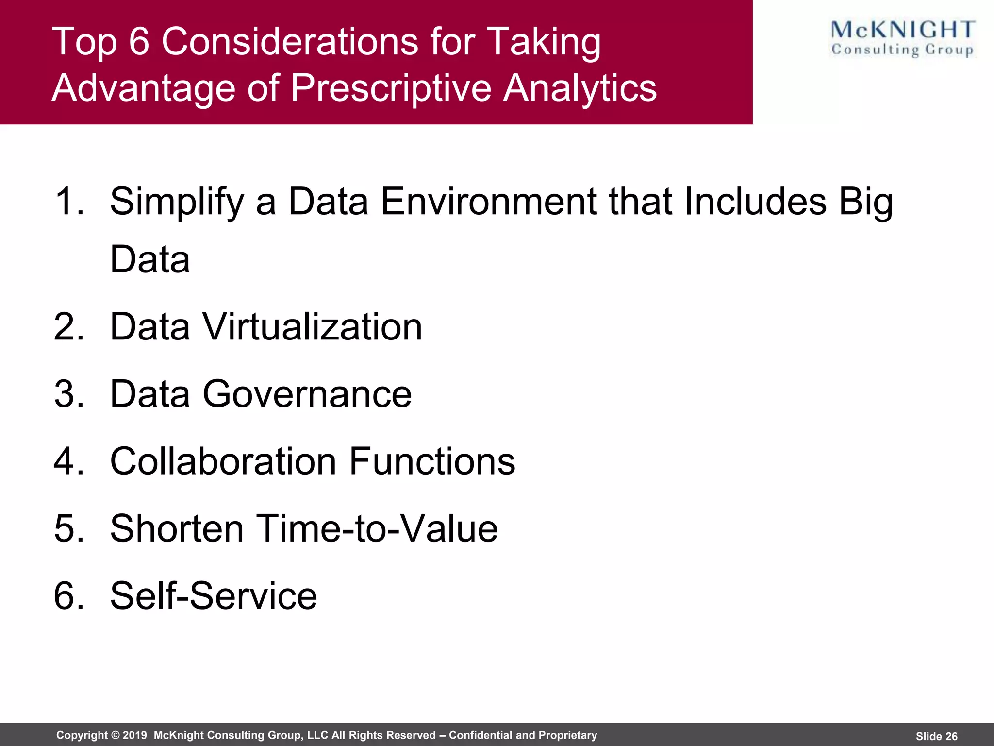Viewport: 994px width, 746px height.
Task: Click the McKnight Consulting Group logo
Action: pos(902,39)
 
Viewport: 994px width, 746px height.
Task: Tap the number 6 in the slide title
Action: pos(139,42)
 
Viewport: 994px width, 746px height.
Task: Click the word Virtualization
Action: pos(312,326)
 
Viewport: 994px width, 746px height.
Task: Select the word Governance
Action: pos(307,394)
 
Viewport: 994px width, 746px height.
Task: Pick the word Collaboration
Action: pos(223,461)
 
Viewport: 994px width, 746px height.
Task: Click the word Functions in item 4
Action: pos(432,461)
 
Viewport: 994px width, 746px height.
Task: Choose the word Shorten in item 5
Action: pos(177,528)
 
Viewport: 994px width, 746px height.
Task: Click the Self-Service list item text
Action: pos(214,595)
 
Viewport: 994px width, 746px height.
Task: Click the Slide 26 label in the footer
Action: pos(936,736)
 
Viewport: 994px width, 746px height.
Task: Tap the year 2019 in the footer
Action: pos(134,735)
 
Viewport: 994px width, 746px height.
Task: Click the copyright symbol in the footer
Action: pos(116,735)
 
